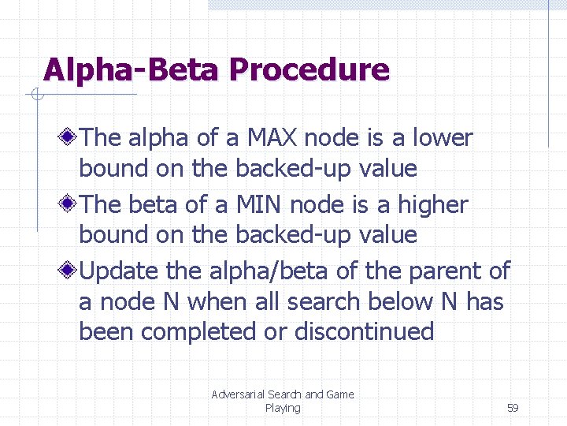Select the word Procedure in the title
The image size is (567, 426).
309,70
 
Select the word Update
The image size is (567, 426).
120,271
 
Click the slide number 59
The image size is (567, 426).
513,408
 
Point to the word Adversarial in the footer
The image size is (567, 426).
237,394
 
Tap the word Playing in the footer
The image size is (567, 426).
283,408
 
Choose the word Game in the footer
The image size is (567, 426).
340,394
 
